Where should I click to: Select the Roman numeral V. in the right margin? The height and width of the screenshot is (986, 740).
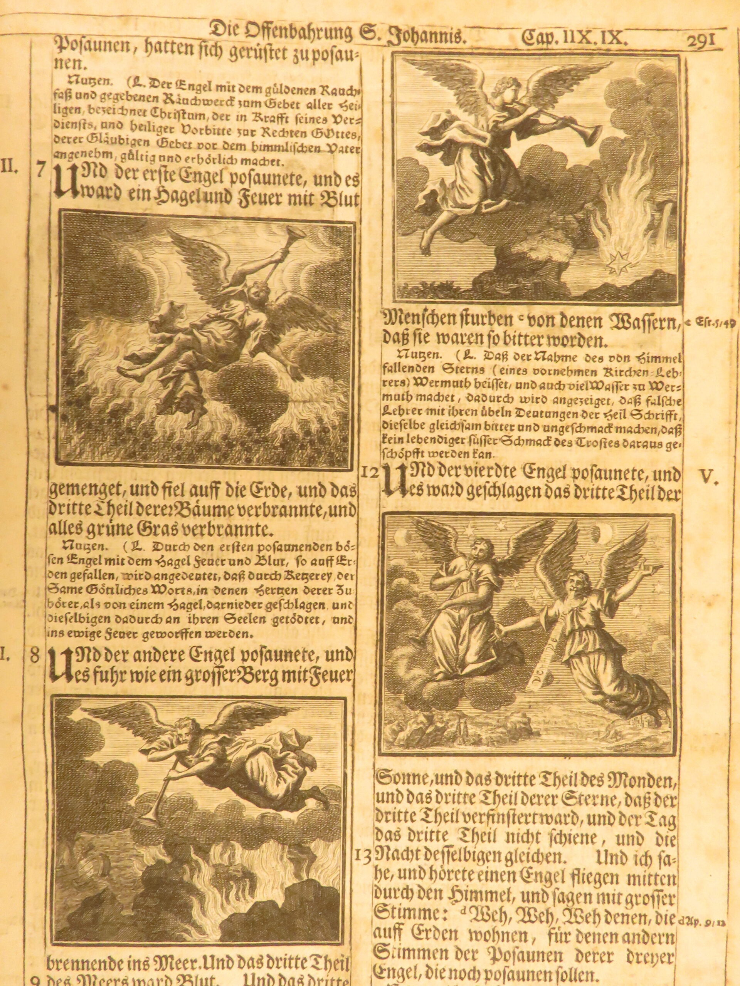708,478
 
